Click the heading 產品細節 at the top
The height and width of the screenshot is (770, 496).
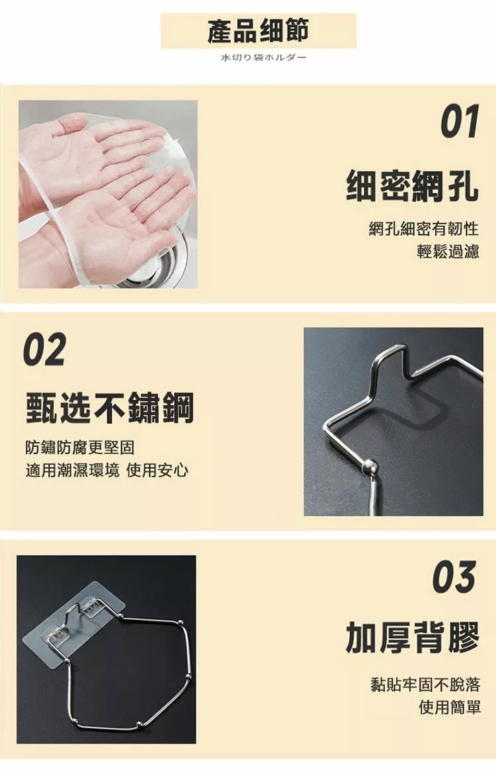point(258,30)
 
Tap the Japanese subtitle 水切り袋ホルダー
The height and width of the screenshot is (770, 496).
point(263,58)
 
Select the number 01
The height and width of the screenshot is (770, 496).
point(459,122)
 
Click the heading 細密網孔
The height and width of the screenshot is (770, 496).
point(412,185)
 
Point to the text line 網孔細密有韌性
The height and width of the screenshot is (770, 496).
point(424,228)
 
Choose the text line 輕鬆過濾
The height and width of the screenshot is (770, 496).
point(448,252)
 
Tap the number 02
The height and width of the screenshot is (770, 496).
point(45,349)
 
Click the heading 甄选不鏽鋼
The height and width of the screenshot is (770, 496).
point(109,408)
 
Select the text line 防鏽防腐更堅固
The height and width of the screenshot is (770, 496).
point(80,448)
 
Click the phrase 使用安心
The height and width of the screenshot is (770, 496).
point(157,471)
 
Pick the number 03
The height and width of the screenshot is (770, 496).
point(454,577)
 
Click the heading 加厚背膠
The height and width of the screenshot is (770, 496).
point(413,637)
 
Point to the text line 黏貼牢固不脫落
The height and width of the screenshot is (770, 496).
point(425,684)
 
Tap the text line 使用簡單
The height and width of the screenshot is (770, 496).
point(450,707)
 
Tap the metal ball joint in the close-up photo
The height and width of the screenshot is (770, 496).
point(370,465)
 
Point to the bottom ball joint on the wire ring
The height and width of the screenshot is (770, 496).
point(140,724)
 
